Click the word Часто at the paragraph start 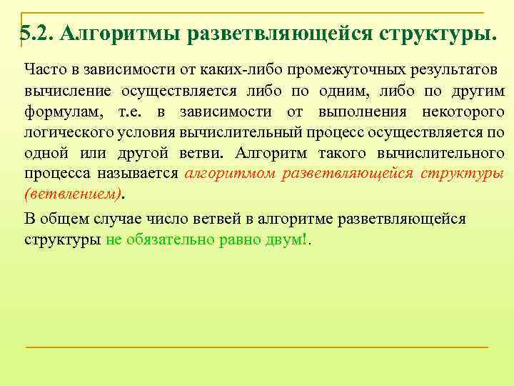42,70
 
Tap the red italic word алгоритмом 230,175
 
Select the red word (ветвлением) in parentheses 71,195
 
